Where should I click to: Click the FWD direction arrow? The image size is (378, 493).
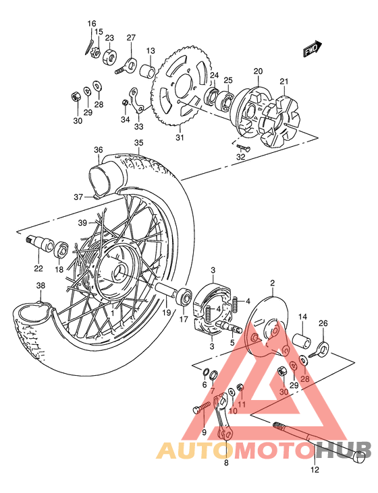(311, 49)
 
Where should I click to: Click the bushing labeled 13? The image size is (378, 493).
(147, 71)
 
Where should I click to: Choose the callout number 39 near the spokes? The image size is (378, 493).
(82, 223)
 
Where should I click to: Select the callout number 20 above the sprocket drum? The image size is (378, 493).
(258, 71)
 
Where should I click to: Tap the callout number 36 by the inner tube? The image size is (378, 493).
(98, 150)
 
